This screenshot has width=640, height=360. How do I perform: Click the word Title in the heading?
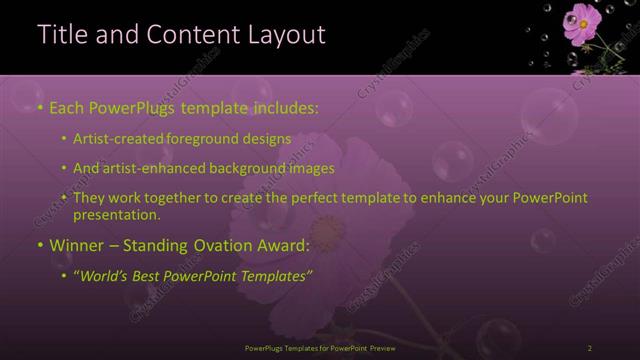[x=59, y=35]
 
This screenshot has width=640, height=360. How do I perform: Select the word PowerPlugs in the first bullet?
[x=120, y=106]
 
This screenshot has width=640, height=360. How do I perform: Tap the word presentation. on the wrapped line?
[x=123, y=215]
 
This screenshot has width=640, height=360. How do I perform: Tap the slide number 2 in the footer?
[x=590, y=348]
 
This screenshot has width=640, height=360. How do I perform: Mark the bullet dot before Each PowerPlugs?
[x=39, y=107]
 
